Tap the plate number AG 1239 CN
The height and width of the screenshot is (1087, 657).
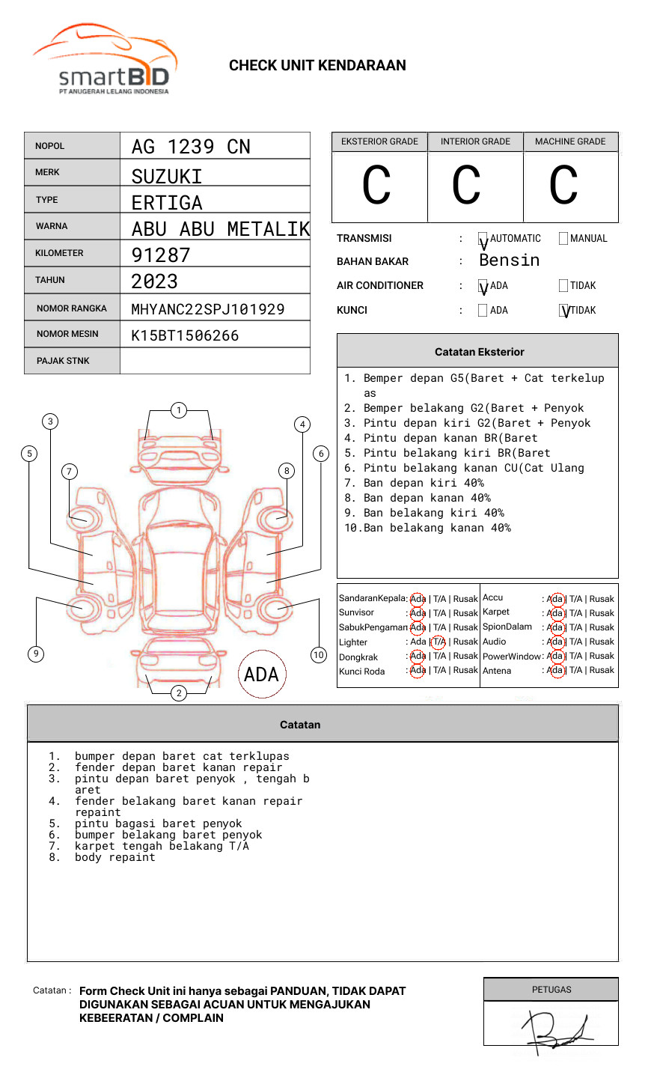(x=191, y=147)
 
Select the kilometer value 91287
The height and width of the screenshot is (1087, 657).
(x=161, y=255)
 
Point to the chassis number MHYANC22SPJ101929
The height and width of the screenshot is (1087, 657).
(x=208, y=309)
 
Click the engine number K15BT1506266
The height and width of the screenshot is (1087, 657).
(x=185, y=335)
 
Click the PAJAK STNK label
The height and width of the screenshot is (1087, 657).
(x=63, y=361)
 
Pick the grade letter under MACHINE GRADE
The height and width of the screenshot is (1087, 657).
(x=563, y=186)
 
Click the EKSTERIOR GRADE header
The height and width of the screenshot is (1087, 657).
(x=379, y=141)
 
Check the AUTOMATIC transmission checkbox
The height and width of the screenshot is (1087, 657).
(x=483, y=239)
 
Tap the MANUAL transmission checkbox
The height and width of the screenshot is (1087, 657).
(x=563, y=239)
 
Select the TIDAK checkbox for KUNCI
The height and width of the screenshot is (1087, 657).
(x=564, y=311)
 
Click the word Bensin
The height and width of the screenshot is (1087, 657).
(x=509, y=261)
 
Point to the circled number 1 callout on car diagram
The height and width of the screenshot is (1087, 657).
(x=178, y=410)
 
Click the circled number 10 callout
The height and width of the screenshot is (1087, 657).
(x=319, y=655)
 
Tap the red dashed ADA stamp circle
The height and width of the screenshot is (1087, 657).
(x=261, y=674)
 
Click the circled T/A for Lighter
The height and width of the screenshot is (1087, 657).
(x=438, y=642)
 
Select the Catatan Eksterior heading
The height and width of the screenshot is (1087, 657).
(x=479, y=352)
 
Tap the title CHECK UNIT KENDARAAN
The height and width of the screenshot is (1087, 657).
(x=317, y=66)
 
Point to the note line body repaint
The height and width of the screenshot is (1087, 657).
(x=114, y=858)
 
